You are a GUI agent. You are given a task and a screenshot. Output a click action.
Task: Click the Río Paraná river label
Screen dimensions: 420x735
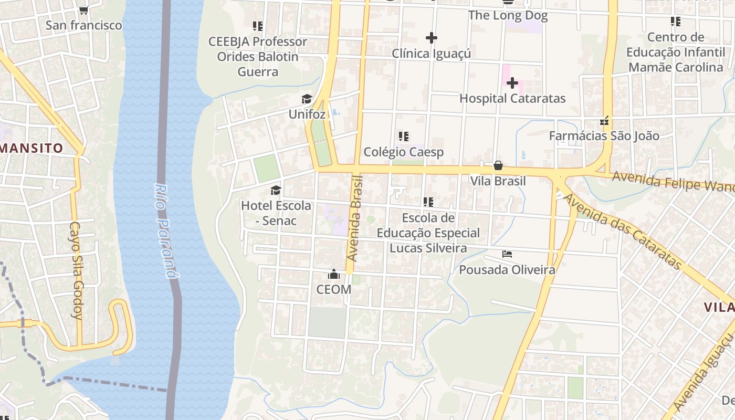coord(165,231)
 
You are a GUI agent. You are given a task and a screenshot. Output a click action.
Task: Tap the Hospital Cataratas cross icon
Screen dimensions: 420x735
coord(512,83)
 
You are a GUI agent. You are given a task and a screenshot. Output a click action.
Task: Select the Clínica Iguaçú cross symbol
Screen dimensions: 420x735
coord(431,38)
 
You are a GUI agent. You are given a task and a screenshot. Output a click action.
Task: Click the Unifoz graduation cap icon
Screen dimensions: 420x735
coord(307,99)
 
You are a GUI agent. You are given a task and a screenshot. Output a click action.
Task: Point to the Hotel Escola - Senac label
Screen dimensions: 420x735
coord(276,213)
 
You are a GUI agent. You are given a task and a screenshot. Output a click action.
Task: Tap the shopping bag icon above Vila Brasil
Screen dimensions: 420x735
coord(498,166)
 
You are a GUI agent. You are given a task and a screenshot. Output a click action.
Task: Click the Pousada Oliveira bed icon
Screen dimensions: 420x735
coord(507,254)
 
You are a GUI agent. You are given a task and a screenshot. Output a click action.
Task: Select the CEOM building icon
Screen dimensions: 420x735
coord(333,274)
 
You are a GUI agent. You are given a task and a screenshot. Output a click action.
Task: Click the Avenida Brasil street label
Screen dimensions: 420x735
coord(356,218)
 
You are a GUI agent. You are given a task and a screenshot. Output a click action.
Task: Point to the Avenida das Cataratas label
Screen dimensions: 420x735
coord(622,231)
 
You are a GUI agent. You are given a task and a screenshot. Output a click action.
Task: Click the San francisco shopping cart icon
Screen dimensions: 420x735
coord(83,10)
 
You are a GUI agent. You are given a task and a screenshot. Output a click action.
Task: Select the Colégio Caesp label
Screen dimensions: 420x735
coord(403,152)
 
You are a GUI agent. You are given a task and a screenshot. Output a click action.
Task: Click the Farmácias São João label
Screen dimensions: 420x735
coord(604,136)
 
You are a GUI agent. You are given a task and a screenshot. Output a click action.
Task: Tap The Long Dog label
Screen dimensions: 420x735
coord(508,16)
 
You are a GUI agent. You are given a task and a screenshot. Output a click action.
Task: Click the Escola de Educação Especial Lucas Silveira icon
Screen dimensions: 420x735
coord(428,202)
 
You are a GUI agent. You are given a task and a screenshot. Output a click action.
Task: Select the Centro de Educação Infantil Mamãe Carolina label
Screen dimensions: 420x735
coord(675,52)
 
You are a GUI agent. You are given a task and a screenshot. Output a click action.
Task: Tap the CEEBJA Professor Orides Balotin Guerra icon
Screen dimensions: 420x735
coord(257,26)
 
